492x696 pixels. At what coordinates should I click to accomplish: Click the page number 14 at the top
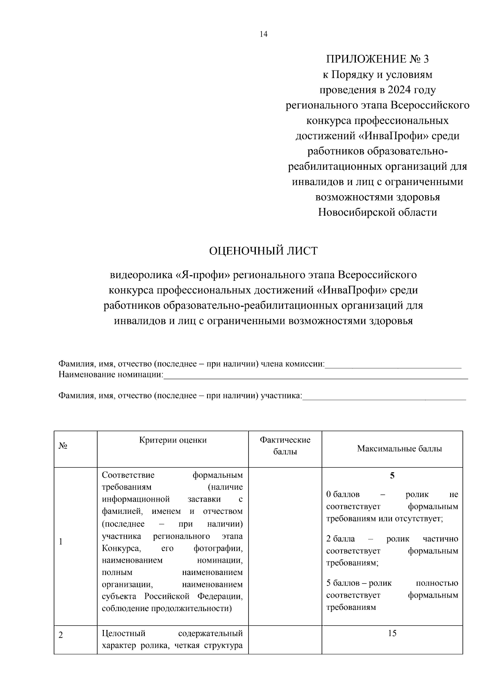263,34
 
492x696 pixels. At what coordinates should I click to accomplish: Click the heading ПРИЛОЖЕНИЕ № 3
377,59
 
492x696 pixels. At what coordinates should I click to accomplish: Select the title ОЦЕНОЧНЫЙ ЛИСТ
263,251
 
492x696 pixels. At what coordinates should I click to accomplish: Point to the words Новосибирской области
377,212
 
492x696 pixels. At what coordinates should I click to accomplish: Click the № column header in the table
63,446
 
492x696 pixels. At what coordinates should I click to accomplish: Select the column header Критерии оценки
173,440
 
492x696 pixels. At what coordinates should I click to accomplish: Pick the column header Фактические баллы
285,446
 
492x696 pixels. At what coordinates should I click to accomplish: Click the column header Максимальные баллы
399,449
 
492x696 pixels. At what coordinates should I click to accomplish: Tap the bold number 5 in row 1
392,476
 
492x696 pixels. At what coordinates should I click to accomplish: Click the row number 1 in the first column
61,542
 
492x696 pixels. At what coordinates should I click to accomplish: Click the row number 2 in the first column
61,635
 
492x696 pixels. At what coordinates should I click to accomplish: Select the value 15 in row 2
392,633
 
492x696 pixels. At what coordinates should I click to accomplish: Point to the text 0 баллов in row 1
343,495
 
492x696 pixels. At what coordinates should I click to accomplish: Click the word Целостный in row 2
123,634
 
